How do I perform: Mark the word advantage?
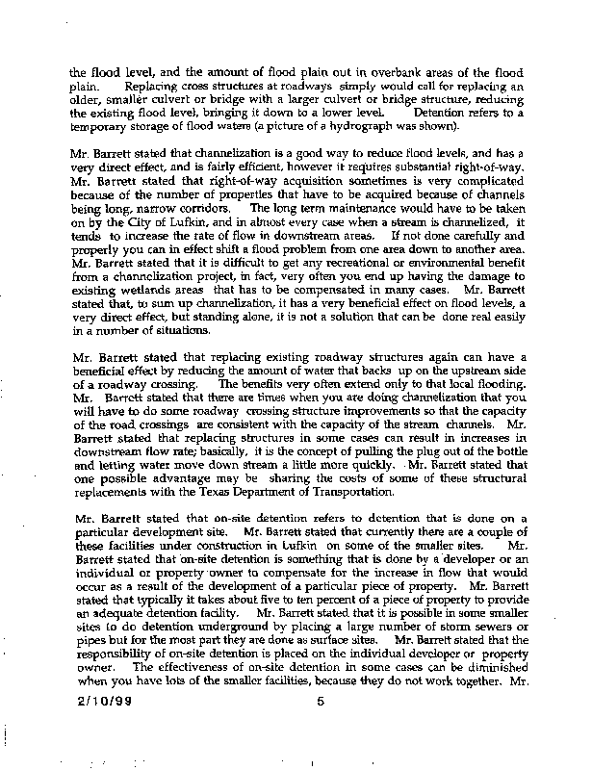pos(174,477)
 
